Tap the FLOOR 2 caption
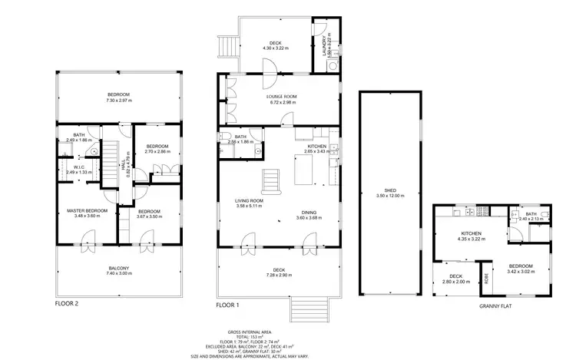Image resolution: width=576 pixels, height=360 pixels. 67,303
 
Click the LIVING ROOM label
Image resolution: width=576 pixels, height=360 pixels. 250,201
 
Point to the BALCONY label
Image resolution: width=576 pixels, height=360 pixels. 119,268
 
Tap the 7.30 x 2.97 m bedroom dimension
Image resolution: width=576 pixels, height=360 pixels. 119,100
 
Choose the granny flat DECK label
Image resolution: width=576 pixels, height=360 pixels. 455,276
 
